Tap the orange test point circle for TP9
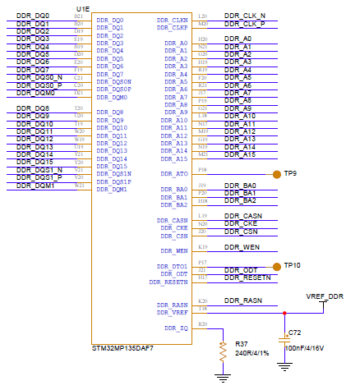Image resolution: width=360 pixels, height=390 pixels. pyautogui.click(x=275, y=174)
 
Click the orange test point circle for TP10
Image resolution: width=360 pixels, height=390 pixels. pyautogui.click(x=275, y=266)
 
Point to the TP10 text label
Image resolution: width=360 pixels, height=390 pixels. pyautogui.click(x=295, y=266)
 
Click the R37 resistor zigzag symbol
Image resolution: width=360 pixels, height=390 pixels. pyautogui.click(x=222, y=351)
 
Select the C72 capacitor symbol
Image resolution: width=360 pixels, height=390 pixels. pyautogui.click(x=284, y=337)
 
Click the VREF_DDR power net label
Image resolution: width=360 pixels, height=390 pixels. pyautogui.click(x=325, y=296)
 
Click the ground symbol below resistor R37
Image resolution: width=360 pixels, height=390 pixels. pyautogui.click(x=222, y=377)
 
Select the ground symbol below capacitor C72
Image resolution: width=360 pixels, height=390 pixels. pyautogui.click(x=284, y=367)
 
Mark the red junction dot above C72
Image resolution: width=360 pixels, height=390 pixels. pyautogui.click(x=284, y=313)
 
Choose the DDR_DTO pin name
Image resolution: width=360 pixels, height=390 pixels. pyautogui.click(x=173, y=266)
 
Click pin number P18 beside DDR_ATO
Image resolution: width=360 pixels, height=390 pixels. pyautogui.click(x=203, y=170)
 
